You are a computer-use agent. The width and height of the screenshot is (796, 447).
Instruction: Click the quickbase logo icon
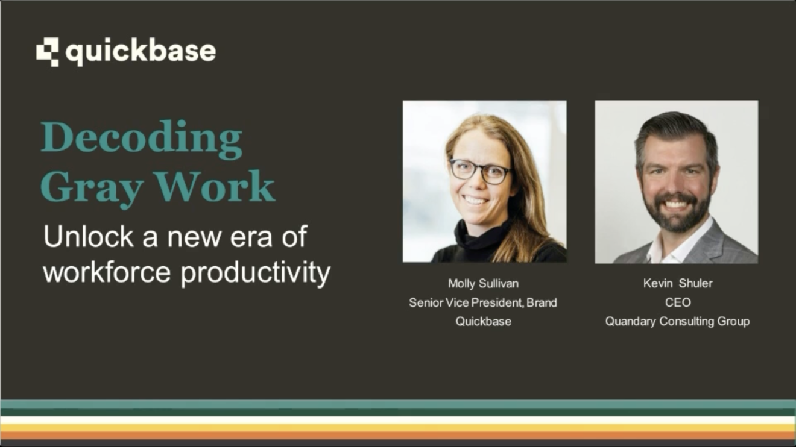[x=48, y=52]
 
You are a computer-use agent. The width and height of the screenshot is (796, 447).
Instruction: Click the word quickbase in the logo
[x=141, y=52]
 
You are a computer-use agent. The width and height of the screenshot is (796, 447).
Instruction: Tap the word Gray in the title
[x=91, y=187]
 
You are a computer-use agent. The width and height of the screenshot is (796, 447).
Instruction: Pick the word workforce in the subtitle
[x=107, y=272]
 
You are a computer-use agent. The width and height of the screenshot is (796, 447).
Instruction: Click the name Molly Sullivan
[x=483, y=283]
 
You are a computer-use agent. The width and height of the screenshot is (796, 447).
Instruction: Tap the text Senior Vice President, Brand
[x=483, y=302]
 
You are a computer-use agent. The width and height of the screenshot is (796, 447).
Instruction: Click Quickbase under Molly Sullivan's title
[x=483, y=321]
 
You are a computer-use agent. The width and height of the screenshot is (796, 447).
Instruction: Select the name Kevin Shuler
[x=678, y=283]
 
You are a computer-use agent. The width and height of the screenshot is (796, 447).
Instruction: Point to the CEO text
[x=678, y=302]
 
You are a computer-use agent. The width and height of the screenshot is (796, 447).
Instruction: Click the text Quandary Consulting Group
[x=678, y=321]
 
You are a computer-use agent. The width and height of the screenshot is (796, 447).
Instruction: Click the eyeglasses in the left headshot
[x=480, y=170]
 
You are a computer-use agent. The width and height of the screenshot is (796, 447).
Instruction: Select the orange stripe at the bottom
[x=398, y=435]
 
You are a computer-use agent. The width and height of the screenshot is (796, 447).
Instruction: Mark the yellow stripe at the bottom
[x=398, y=427]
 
